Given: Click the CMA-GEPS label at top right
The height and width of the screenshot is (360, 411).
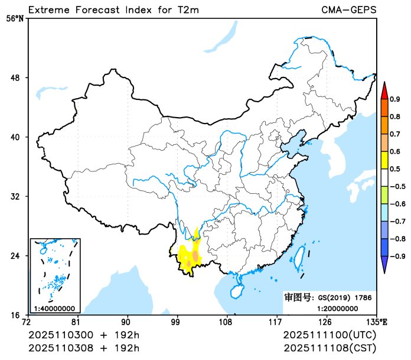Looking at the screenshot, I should pos(349,10).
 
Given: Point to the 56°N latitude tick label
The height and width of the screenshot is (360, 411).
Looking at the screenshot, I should pos(15,18).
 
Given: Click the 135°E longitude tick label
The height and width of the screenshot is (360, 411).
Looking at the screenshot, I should pos(377,322).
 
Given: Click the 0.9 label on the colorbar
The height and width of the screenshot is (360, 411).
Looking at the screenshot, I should pos(396,99).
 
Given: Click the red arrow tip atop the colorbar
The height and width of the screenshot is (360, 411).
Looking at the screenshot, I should pos(384,90).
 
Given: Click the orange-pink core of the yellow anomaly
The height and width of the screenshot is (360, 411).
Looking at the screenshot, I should pos(195,256).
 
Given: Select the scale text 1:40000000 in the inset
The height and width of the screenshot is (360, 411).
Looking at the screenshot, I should pos(54,308).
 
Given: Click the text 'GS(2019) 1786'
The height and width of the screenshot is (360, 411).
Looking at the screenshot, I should pos(345,298).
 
